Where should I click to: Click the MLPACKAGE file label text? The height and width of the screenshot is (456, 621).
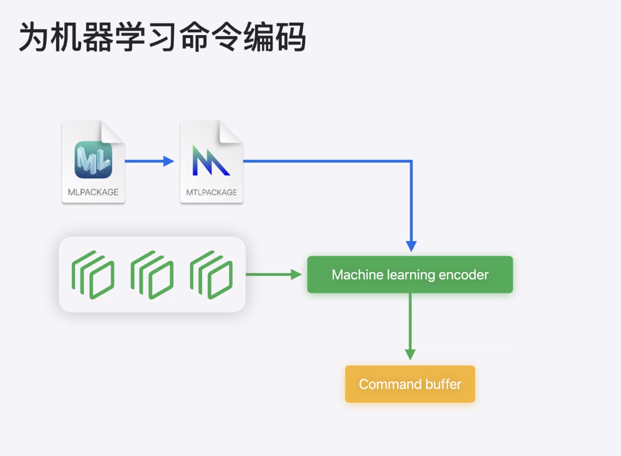pyautogui.click(x=93, y=192)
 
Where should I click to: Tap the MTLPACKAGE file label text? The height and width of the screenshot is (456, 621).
pyautogui.click(x=211, y=192)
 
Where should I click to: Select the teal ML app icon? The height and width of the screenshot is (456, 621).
pyautogui.click(x=93, y=160)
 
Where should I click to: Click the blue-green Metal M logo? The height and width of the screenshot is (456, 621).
pyautogui.click(x=211, y=161)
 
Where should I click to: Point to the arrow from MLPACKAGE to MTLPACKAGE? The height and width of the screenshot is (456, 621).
pyautogui.click(x=149, y=161)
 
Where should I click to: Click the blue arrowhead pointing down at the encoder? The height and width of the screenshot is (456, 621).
pyautogui.click(x=411, y=246)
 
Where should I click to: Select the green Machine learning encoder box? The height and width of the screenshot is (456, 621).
pyautogui.click(x=410, y=275)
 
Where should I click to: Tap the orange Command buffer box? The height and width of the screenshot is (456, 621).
pyautogui.click(x=410, y=384)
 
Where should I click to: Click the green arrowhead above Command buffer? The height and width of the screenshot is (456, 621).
pyautogui.click(x=410, y=354)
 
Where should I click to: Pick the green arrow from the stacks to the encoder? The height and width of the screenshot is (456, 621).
pyautogui.click(x=273, y=275)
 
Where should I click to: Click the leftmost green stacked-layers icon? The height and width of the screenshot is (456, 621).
pyautogui.click(x=93, y=275)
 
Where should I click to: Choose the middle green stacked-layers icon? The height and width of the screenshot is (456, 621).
pyautogui.click(x=152, y=275)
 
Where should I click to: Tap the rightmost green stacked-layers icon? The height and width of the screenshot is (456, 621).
pyautogui.click(x=211, y=275)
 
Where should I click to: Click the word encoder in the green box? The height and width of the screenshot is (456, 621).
pyautogui.click(x=464, y=275)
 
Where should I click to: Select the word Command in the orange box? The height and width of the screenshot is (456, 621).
pyautogui.click(x=390, y=384)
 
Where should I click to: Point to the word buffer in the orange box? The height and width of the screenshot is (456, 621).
pyautogui.click(x=443, y=384)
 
